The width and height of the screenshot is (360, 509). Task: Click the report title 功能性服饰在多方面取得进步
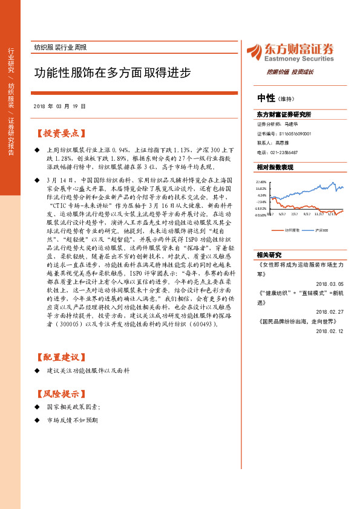[x=112, y=73]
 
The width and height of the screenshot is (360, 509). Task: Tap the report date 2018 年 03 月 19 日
[x=60, y=106]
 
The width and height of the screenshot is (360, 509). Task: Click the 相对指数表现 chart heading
[x=275, y=167]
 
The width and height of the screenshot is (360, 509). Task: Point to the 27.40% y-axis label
[x=261, y=182]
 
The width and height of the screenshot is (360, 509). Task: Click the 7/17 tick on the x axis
[x=295, y=214]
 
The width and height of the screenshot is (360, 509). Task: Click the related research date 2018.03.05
[x=329, y=283]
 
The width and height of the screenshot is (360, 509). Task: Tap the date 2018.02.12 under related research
[x=329, y=331]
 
